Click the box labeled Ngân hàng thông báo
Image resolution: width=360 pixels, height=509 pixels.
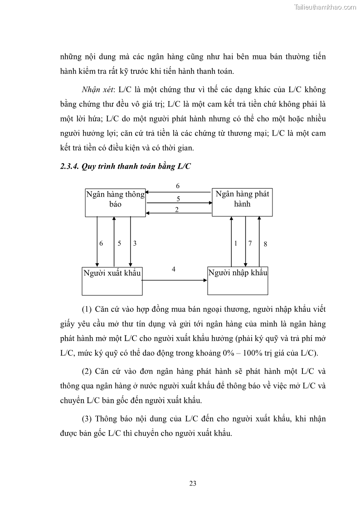click(115, 202)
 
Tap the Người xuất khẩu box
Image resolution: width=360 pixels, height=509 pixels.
click(112, 281)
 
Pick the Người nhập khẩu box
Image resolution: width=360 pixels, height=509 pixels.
click(238, 281)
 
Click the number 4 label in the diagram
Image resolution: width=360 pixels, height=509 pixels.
click(174, 269)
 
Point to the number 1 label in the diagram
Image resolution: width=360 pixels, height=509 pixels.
click(236, 243)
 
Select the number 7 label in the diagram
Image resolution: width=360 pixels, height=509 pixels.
click(250, 243)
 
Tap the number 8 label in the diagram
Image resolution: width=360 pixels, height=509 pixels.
click(265, 244)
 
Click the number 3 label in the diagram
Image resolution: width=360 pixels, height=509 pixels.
click(135, 243)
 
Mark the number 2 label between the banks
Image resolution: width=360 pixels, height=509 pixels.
click(177, 209)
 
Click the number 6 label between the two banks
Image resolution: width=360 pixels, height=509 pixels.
click(178, 186)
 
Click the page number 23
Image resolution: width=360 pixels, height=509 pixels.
click(193, 483)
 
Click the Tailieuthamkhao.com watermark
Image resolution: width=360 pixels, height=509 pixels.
click(325, 7)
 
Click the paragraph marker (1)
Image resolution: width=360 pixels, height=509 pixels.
click(87, 310)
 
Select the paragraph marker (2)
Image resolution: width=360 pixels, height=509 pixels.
click(87, 371)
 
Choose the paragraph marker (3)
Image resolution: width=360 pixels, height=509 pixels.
click(87, 418)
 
